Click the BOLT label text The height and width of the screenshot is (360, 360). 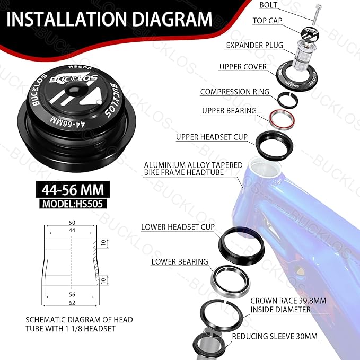pyautogui.click(x=268, y=5)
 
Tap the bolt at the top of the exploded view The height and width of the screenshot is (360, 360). pyautogui.click(x=317, y=14)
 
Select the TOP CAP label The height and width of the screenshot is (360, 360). pyautogui.click(x=267, y=21)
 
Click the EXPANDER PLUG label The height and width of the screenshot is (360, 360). pyautogui.click(x=254, y=45)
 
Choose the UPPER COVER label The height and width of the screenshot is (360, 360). pyautogui.click(x=243, y=67)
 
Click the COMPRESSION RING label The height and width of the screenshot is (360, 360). pyautogui.click(x=235, y=92)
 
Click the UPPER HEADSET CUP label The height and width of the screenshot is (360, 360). pyautogui.click(x=212, y=137)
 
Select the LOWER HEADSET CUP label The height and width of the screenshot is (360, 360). pyautogui.click(x=178, y=227)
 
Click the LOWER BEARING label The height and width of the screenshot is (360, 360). pyautogui.click(x=180, y=262)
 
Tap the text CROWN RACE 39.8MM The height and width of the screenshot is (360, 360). pyautogui.click(x=288, y=301)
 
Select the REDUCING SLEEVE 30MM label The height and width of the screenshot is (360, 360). pyautogui.click(x=275, y=336)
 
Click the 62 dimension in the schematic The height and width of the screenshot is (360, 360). pyautogui.click(x=72, y=303)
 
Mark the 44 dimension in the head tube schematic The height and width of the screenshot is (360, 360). pyautogui.click(x=72, y=230)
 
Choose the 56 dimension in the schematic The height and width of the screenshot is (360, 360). pyautogui.click(x=72, y=294)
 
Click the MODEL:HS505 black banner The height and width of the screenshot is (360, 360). pyautogui.click(x=73, y=204)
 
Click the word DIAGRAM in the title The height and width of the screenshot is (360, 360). pyautogui.click(x=172, y=19)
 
